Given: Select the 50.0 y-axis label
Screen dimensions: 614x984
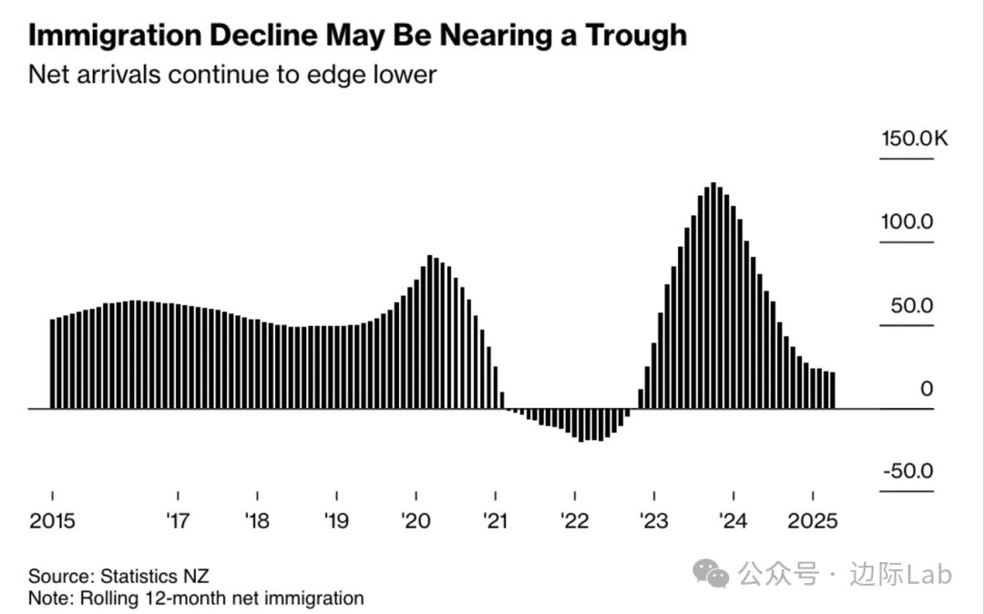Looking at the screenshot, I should pos(912,305).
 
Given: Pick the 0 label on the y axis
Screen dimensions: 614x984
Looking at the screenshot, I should pos(926,389).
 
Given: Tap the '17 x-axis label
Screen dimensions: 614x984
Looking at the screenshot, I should pos(177,522).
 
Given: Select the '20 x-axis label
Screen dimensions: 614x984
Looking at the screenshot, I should pos(415,522).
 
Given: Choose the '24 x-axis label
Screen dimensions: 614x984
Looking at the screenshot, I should pos(733,522).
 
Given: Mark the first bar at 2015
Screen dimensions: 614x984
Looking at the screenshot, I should pos(53,363).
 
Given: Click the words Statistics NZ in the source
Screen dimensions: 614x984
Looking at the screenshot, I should pos(155,577).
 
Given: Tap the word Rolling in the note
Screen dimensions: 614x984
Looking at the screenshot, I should pos(108,599).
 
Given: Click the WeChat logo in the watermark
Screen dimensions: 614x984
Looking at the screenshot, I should pos(711,574).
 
